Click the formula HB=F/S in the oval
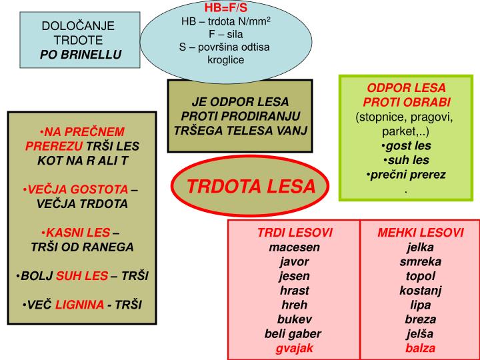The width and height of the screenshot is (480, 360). click(225, 8)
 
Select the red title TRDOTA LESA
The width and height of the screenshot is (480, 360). click(251, 186)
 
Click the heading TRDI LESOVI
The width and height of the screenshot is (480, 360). click(295, 233)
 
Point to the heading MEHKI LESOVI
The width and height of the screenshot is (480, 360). click(421, 233)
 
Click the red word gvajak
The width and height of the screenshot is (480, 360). click(295, 348)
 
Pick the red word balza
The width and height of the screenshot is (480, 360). click(421, 348)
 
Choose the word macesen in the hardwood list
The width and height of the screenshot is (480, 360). click(295, 247)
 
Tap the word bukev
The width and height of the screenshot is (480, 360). click(295, 319)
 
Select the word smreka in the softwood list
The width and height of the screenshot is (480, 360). click(421, 261)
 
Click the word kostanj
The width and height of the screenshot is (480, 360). click(421, 290)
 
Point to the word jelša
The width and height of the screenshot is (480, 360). click(421, 333)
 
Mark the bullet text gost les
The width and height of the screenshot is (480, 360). click(408, 145)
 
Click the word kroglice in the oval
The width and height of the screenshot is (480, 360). click(226, 60)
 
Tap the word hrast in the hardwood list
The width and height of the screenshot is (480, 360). click(295, 290)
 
